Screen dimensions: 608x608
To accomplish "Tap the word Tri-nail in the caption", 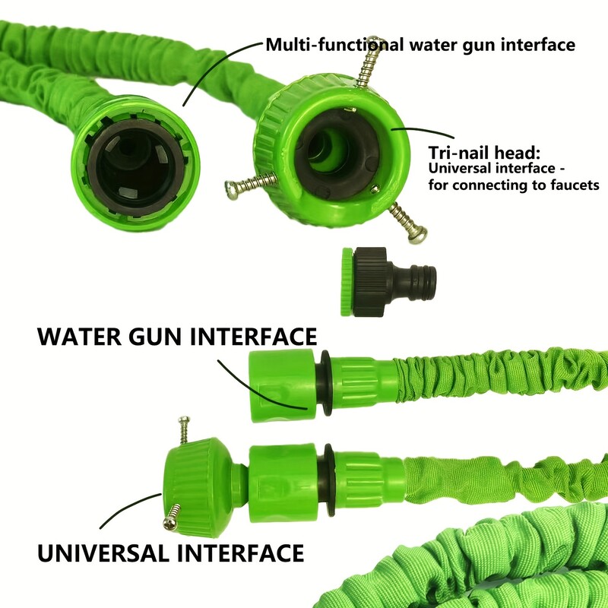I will pos(459,153).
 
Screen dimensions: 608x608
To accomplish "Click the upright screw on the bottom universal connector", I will pos(183,433).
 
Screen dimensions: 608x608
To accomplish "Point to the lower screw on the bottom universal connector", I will pos(171,520).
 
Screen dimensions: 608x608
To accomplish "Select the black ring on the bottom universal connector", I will pos(329,479).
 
